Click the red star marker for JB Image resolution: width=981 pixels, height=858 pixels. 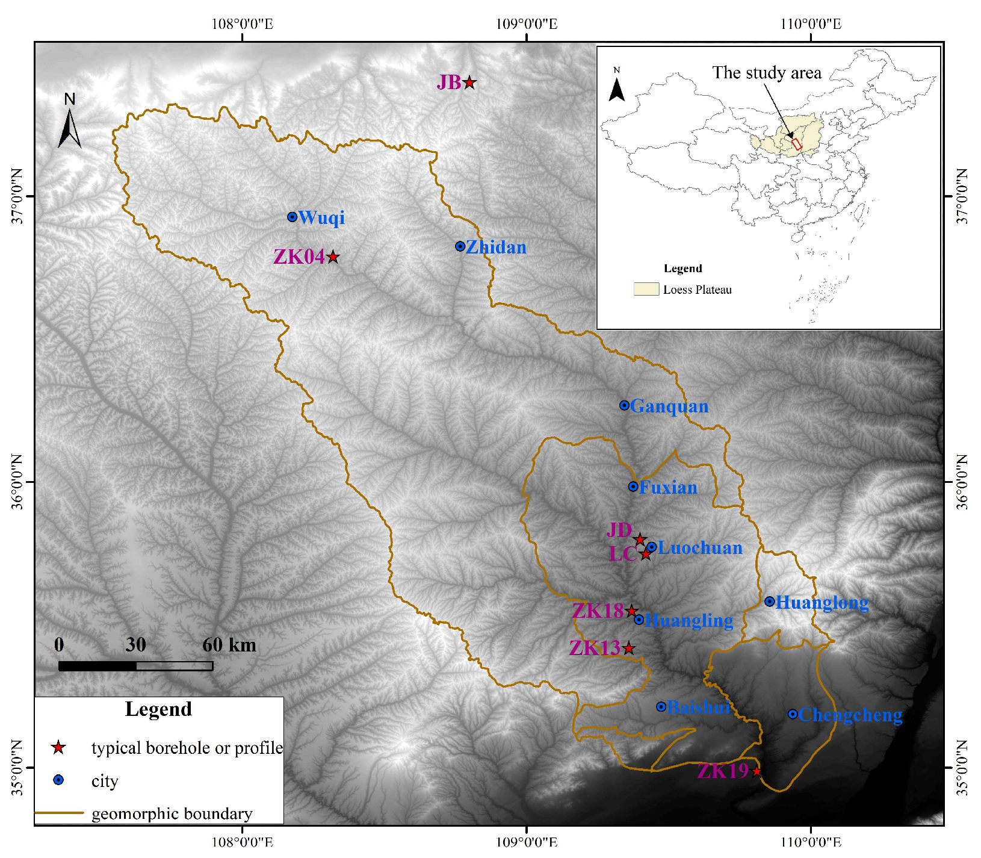coord(469,83)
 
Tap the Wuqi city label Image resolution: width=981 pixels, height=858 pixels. coord(321,217)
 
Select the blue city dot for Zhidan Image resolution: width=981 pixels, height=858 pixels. coord(460,246)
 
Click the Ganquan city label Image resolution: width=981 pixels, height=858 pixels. coord(669,406)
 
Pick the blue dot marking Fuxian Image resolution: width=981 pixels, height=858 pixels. coord(633,487)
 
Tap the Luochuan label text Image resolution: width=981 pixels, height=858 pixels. coord(700,548)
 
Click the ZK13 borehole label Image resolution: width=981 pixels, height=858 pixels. coord(595,648)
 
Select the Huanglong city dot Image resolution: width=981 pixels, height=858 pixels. coord(770,602)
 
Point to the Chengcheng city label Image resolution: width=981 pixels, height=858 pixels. coord(850,715)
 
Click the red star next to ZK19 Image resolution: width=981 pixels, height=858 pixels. coord(757,772)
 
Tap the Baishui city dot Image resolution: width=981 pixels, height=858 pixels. coord(661,707)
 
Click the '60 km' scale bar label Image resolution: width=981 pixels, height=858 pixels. coord(229,645)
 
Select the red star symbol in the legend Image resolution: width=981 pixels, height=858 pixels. coord(58,748)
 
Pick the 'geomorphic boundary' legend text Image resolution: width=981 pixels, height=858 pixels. coord(172,814)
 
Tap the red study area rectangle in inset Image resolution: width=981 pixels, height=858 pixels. coord(797,144)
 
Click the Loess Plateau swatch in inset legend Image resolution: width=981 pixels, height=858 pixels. coord(646,289)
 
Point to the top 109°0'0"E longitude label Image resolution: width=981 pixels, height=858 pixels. coord(527,24)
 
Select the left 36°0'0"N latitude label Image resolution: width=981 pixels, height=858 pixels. coord(16,482)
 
